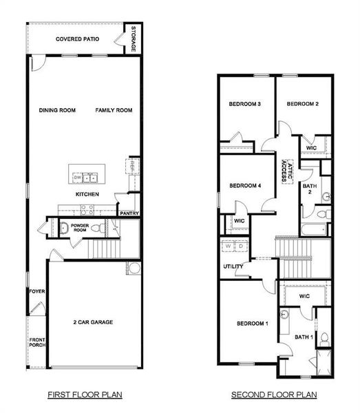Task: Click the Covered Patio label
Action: (77, 39)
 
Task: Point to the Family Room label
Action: (114, 110)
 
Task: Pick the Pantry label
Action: (129, 213)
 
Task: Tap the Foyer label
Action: (36, 291)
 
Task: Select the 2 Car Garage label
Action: (93, 322)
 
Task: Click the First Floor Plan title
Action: (85, 395)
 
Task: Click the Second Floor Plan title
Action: (273, 395)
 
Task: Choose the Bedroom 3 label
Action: (244, 104)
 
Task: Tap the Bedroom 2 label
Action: (302, 104)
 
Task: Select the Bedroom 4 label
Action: (244, 185)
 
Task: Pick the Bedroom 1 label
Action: (253, 323)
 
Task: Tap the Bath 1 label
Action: (304, 337)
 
